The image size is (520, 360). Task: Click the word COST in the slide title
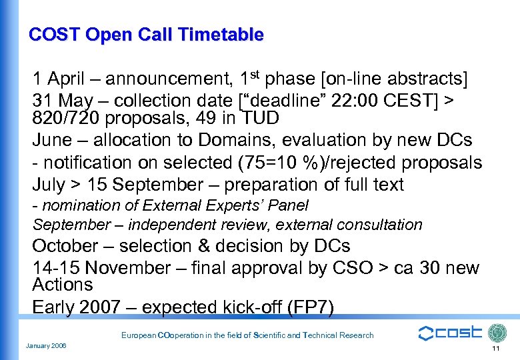click(51, 35)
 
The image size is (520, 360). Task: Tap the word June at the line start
click(52, 141)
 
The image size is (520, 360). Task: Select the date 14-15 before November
click(56, 268)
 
